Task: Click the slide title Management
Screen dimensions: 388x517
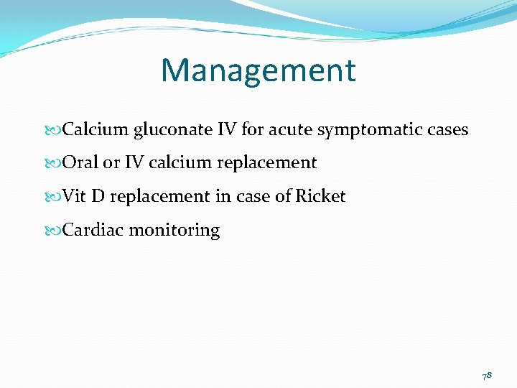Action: (x=258, y=70)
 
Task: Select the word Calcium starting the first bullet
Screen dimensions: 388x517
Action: (x=96, y=130)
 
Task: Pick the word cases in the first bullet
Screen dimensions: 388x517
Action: (x=447, y=130)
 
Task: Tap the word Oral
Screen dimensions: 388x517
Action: (x=80, y=163)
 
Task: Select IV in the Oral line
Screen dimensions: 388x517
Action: (x=134, y=163)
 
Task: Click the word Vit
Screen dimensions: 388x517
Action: (x=75, y=196)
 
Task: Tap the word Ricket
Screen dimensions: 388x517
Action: (x=320, y=196)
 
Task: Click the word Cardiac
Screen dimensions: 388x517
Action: (x=93, y=230)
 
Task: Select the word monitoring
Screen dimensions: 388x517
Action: (x=174, y=231)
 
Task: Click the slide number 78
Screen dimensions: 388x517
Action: (x=486, y=374)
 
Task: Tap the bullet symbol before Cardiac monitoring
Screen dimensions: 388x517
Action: (x=55, y=231)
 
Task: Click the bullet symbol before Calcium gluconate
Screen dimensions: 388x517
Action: (x=55, y=131)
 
